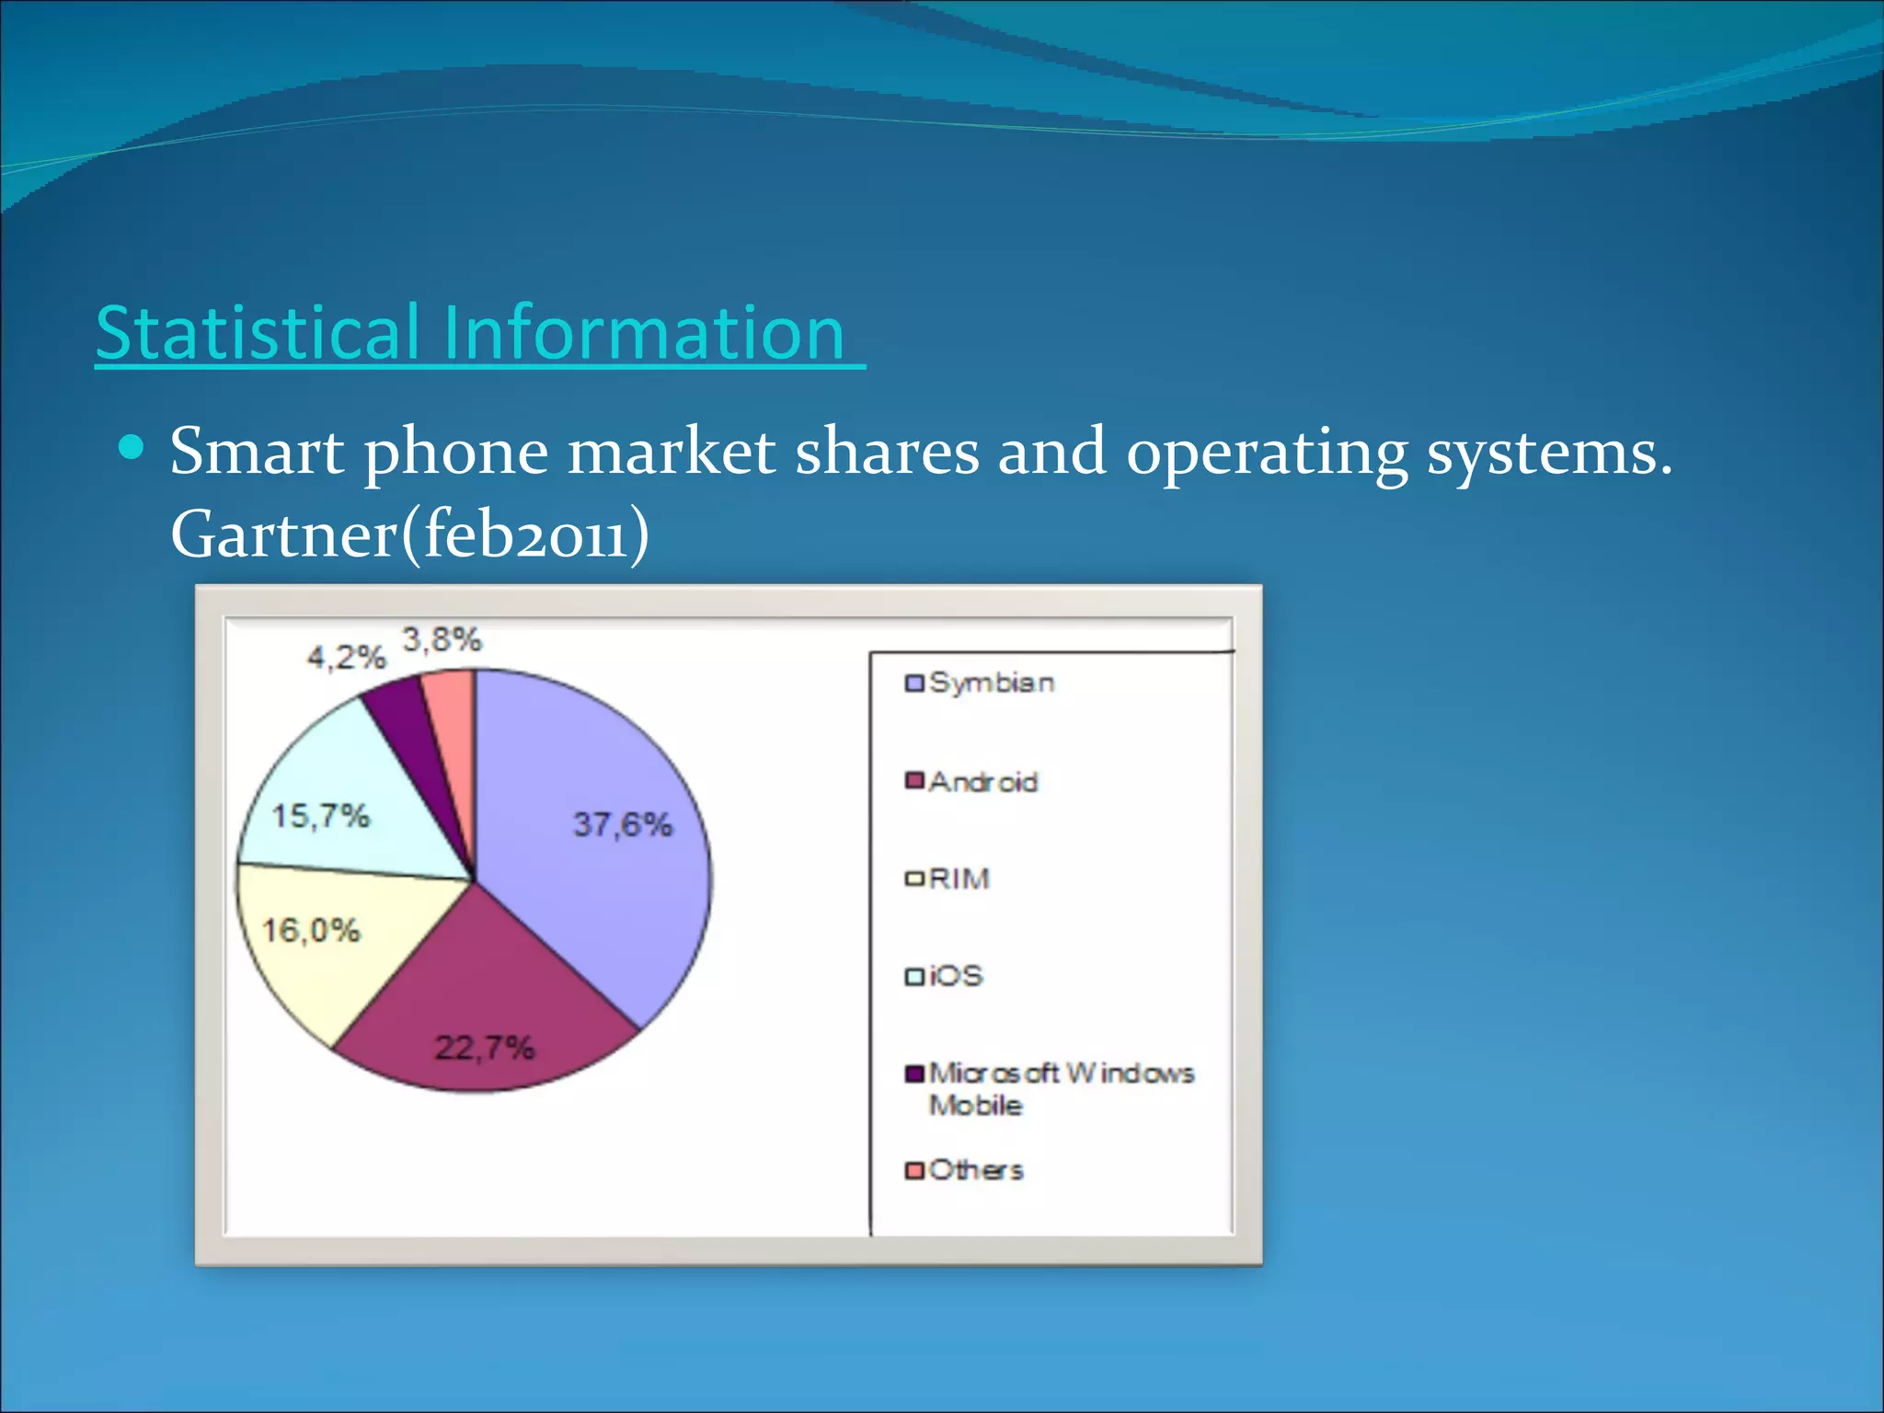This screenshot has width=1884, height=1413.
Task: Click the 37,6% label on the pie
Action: click(x=623, y=824)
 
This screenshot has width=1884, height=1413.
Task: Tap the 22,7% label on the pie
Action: click(x=484, y=1047)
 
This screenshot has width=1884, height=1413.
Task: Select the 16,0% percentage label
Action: click(x=311, y=930)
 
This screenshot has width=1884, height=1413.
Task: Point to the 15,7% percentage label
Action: click(x=320, y=815)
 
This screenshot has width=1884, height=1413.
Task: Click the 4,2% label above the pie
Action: click(x=346, y=657)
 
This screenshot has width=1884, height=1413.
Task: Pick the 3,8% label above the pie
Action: click(x=442, y=638)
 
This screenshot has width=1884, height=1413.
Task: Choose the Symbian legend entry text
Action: click(x=992, y=683)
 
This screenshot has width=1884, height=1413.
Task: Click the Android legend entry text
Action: click(x=983, y=782)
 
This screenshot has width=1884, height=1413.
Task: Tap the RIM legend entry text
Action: click(x=959, y=879)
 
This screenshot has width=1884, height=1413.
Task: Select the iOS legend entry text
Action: click(x=956, y=975)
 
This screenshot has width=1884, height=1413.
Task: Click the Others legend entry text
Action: click(x=976, y=1170)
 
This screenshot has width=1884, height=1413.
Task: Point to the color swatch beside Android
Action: click(x=914, y=781)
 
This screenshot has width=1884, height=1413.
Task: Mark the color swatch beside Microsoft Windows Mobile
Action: click(x=914, y=1074)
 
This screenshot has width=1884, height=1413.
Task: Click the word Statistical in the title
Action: click(x=258, y=333)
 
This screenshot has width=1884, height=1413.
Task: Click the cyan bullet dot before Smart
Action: click(x=132, y=448)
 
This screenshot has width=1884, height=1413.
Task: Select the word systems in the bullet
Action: click(x=1549, y=453)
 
